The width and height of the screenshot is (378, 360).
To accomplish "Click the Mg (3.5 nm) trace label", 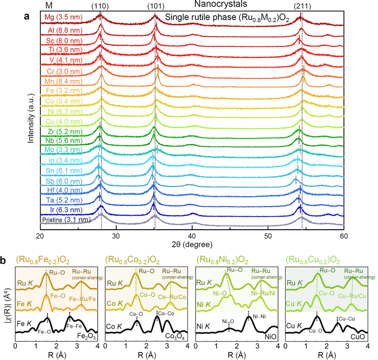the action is coord(63,17).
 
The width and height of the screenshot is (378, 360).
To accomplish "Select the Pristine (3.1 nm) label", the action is coord(66,220).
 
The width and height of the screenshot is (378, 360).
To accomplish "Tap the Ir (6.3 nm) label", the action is coord(66,210).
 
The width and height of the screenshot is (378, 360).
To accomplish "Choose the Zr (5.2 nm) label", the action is coord(65,132).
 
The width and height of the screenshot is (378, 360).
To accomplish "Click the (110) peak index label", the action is coord(100,6).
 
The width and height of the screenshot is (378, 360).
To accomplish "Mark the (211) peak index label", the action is coord(302,6).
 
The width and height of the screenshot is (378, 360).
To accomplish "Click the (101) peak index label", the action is coord(156,6).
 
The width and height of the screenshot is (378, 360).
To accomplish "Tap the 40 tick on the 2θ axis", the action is coord(192,236).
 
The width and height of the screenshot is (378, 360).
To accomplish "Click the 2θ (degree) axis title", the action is coord(192,245).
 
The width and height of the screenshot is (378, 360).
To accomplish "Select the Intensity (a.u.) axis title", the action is coord(31,118).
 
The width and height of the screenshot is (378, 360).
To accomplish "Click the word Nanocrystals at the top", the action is coord(220,4).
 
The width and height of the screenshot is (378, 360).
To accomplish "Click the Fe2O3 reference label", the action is coord(86,336).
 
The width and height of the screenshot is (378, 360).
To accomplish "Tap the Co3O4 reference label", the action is coord(175,336).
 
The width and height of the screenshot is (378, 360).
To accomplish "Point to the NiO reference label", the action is coord(271,337).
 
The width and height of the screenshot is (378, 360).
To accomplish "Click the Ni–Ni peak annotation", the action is coord(259,317).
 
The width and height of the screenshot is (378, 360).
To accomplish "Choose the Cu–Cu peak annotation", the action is coord(347,319).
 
